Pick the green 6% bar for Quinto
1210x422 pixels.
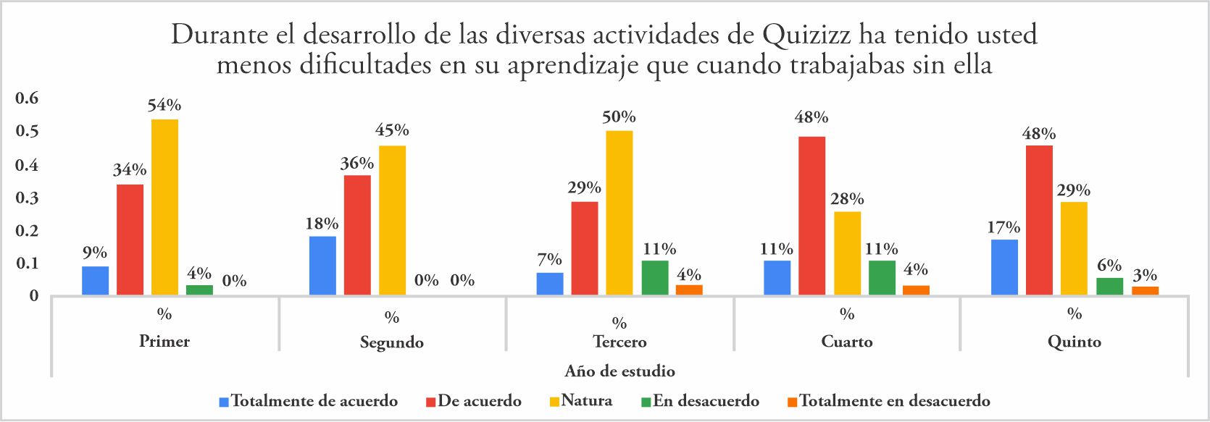tap(1109, 286)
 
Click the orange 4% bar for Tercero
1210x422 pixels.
tap(689, 290)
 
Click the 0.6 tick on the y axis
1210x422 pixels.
tap(27, 98)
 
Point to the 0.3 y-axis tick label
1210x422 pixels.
tap(27, 198)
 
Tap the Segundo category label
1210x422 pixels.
tap(392, 342)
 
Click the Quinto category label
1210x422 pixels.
tap(1074, 342)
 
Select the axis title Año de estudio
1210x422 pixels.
tap(620, 371)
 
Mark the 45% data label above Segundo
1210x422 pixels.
tap(392, 130)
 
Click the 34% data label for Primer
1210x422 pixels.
tap(130, 170)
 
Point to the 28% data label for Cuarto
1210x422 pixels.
tap(847, 199)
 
